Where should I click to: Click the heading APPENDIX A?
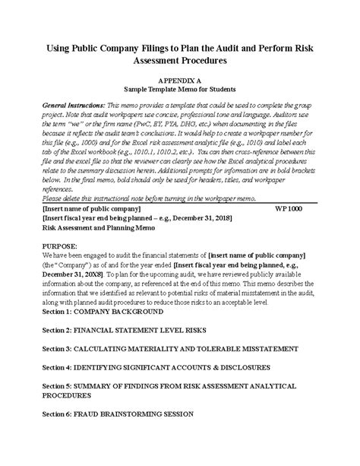(x=179, y=79)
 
